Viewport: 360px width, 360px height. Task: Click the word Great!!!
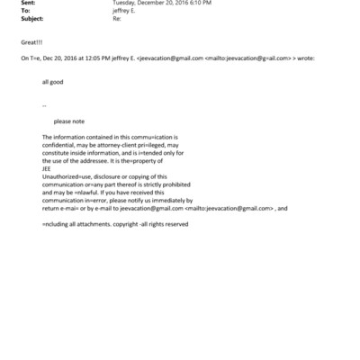tap(30, 41)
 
